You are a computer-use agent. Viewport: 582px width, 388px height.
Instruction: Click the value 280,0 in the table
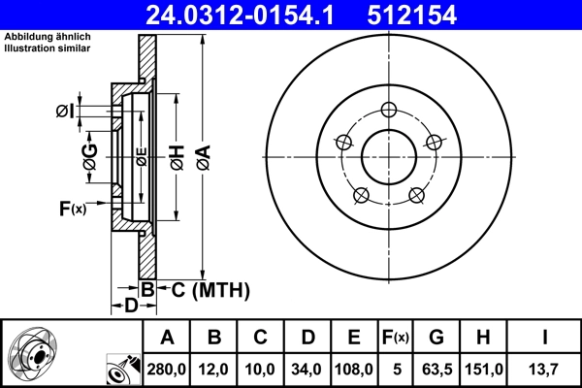(167, 370)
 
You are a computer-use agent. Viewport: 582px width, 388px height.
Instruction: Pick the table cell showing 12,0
(214, 370)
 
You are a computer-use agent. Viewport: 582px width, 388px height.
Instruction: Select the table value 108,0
(355, 370)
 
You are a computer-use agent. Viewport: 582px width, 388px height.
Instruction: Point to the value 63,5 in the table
(436, 370)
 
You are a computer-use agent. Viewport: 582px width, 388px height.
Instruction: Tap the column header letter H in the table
(482, 338)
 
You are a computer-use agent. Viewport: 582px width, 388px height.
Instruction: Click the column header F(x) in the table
(397, 338)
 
